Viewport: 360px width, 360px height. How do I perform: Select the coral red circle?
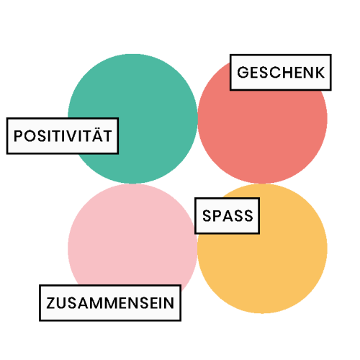(x=262, y=135)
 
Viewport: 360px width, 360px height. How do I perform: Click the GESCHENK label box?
(x=281, y=72)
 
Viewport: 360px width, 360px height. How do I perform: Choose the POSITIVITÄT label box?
(x=63, y=136)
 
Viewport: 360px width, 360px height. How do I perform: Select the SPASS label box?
(x=227, y=215)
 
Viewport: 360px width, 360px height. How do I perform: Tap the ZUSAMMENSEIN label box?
(x=110, y=303)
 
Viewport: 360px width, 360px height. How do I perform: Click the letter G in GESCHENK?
(x=243, y=72)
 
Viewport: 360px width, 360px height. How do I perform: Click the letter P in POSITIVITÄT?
(x=18, y=136)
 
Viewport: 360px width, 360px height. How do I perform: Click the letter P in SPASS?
(x=217, y=215)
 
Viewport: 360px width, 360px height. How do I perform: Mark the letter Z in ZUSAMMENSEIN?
(x=51, y=303)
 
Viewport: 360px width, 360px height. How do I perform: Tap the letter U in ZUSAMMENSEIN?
(x=63, y=303)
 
